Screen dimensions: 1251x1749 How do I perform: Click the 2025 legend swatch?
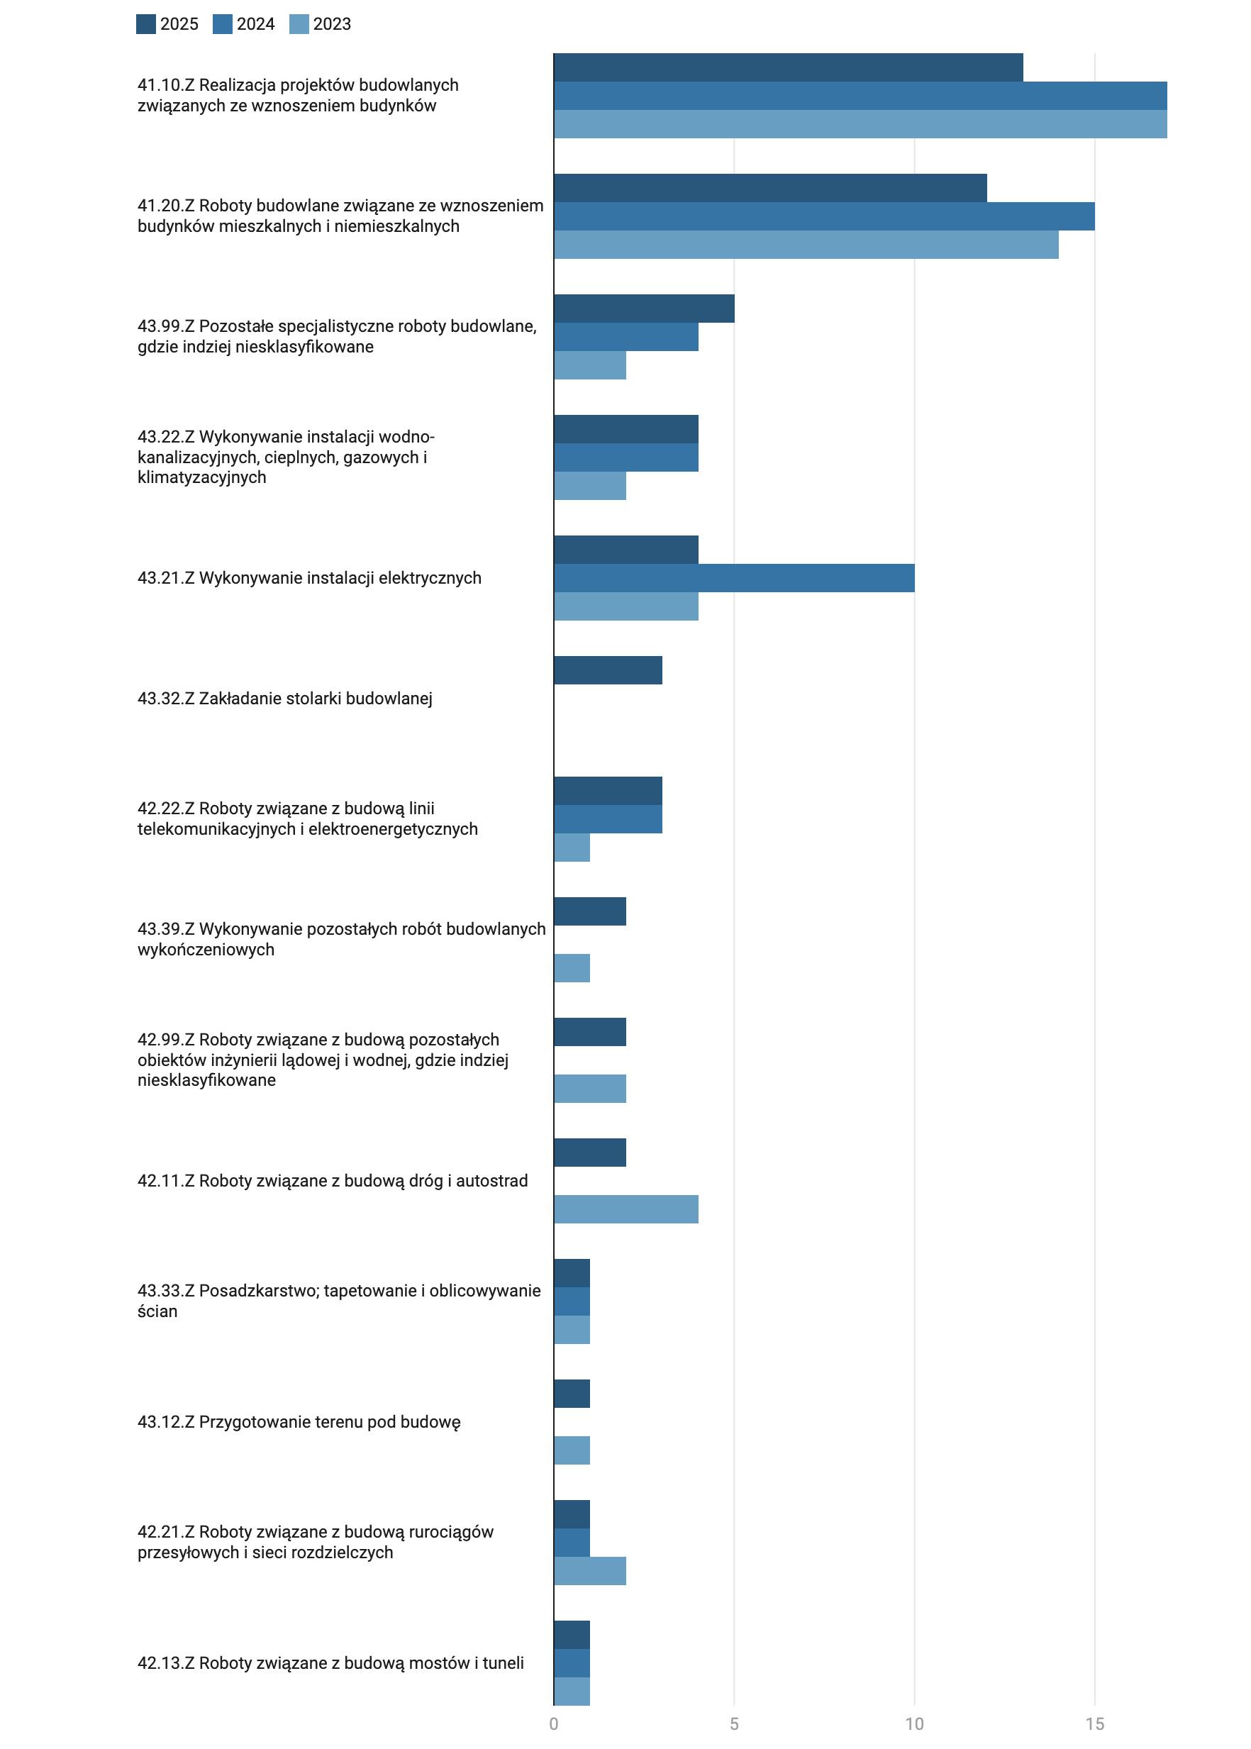(145, 24)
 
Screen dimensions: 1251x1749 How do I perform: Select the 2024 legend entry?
(243, 24)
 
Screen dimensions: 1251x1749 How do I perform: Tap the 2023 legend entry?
(320, 24)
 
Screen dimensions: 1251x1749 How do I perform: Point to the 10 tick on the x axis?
(914, 1723)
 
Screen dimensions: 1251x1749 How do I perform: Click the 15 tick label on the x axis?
(1095, 1723)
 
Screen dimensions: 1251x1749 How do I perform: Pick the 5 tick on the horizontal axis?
(734, 1723)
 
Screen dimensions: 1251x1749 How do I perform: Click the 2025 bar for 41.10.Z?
(788, 67)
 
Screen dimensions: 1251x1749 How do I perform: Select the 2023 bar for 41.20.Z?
(806, 244)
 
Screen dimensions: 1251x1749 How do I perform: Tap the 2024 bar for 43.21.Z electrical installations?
(734, 578)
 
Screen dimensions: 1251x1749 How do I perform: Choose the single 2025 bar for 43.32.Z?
(608, 670)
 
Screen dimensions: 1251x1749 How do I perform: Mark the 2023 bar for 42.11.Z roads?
(626, 1209)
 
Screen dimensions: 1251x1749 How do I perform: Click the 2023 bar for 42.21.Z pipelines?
(590, 1571)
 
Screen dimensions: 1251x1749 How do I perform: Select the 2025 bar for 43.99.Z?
(644, 309)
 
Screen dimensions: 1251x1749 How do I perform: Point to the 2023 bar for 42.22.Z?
(572, 848)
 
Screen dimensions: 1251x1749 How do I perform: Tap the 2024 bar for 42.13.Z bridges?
(572, 1663)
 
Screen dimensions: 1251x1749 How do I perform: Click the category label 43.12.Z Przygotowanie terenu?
(299, 1421)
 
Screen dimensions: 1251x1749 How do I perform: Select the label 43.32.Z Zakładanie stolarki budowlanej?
(285, 698)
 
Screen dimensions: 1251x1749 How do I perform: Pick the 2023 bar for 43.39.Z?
(572, 967)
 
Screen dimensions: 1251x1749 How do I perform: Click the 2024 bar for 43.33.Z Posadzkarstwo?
(572, 1301)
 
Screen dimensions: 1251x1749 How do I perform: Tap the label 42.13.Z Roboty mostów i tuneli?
(330, 1662)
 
